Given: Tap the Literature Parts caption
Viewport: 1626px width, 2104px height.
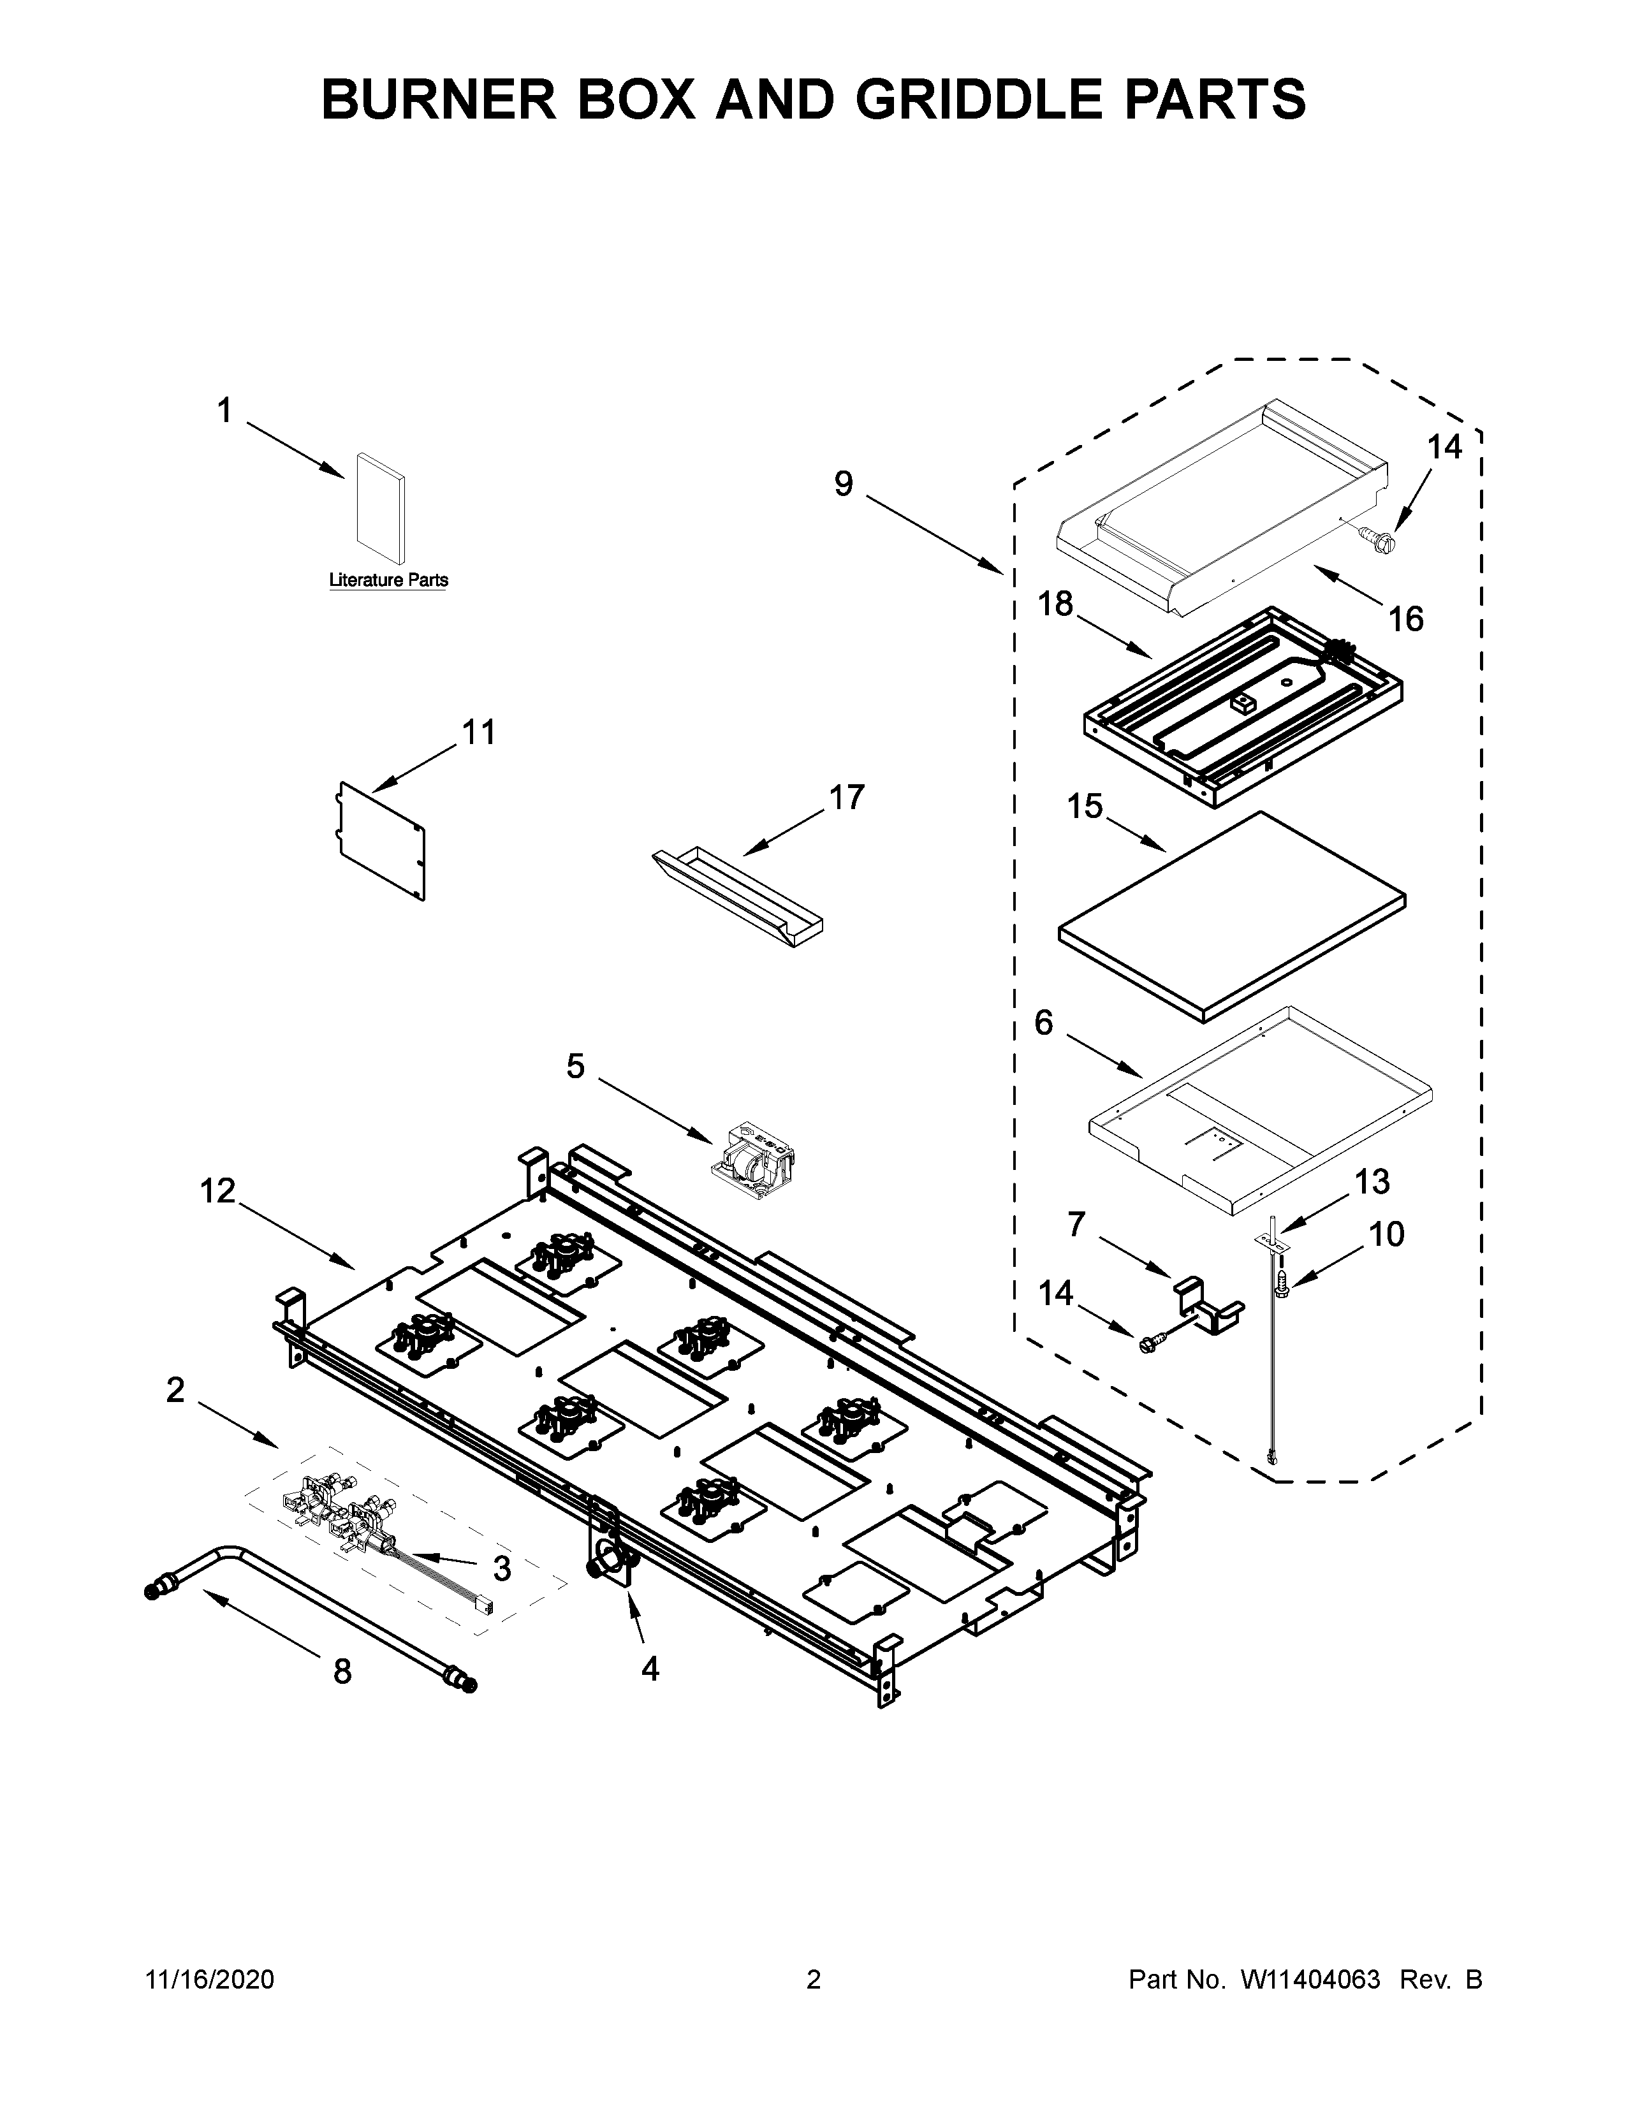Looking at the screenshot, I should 388,580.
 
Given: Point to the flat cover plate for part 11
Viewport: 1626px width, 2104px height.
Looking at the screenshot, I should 381,839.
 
